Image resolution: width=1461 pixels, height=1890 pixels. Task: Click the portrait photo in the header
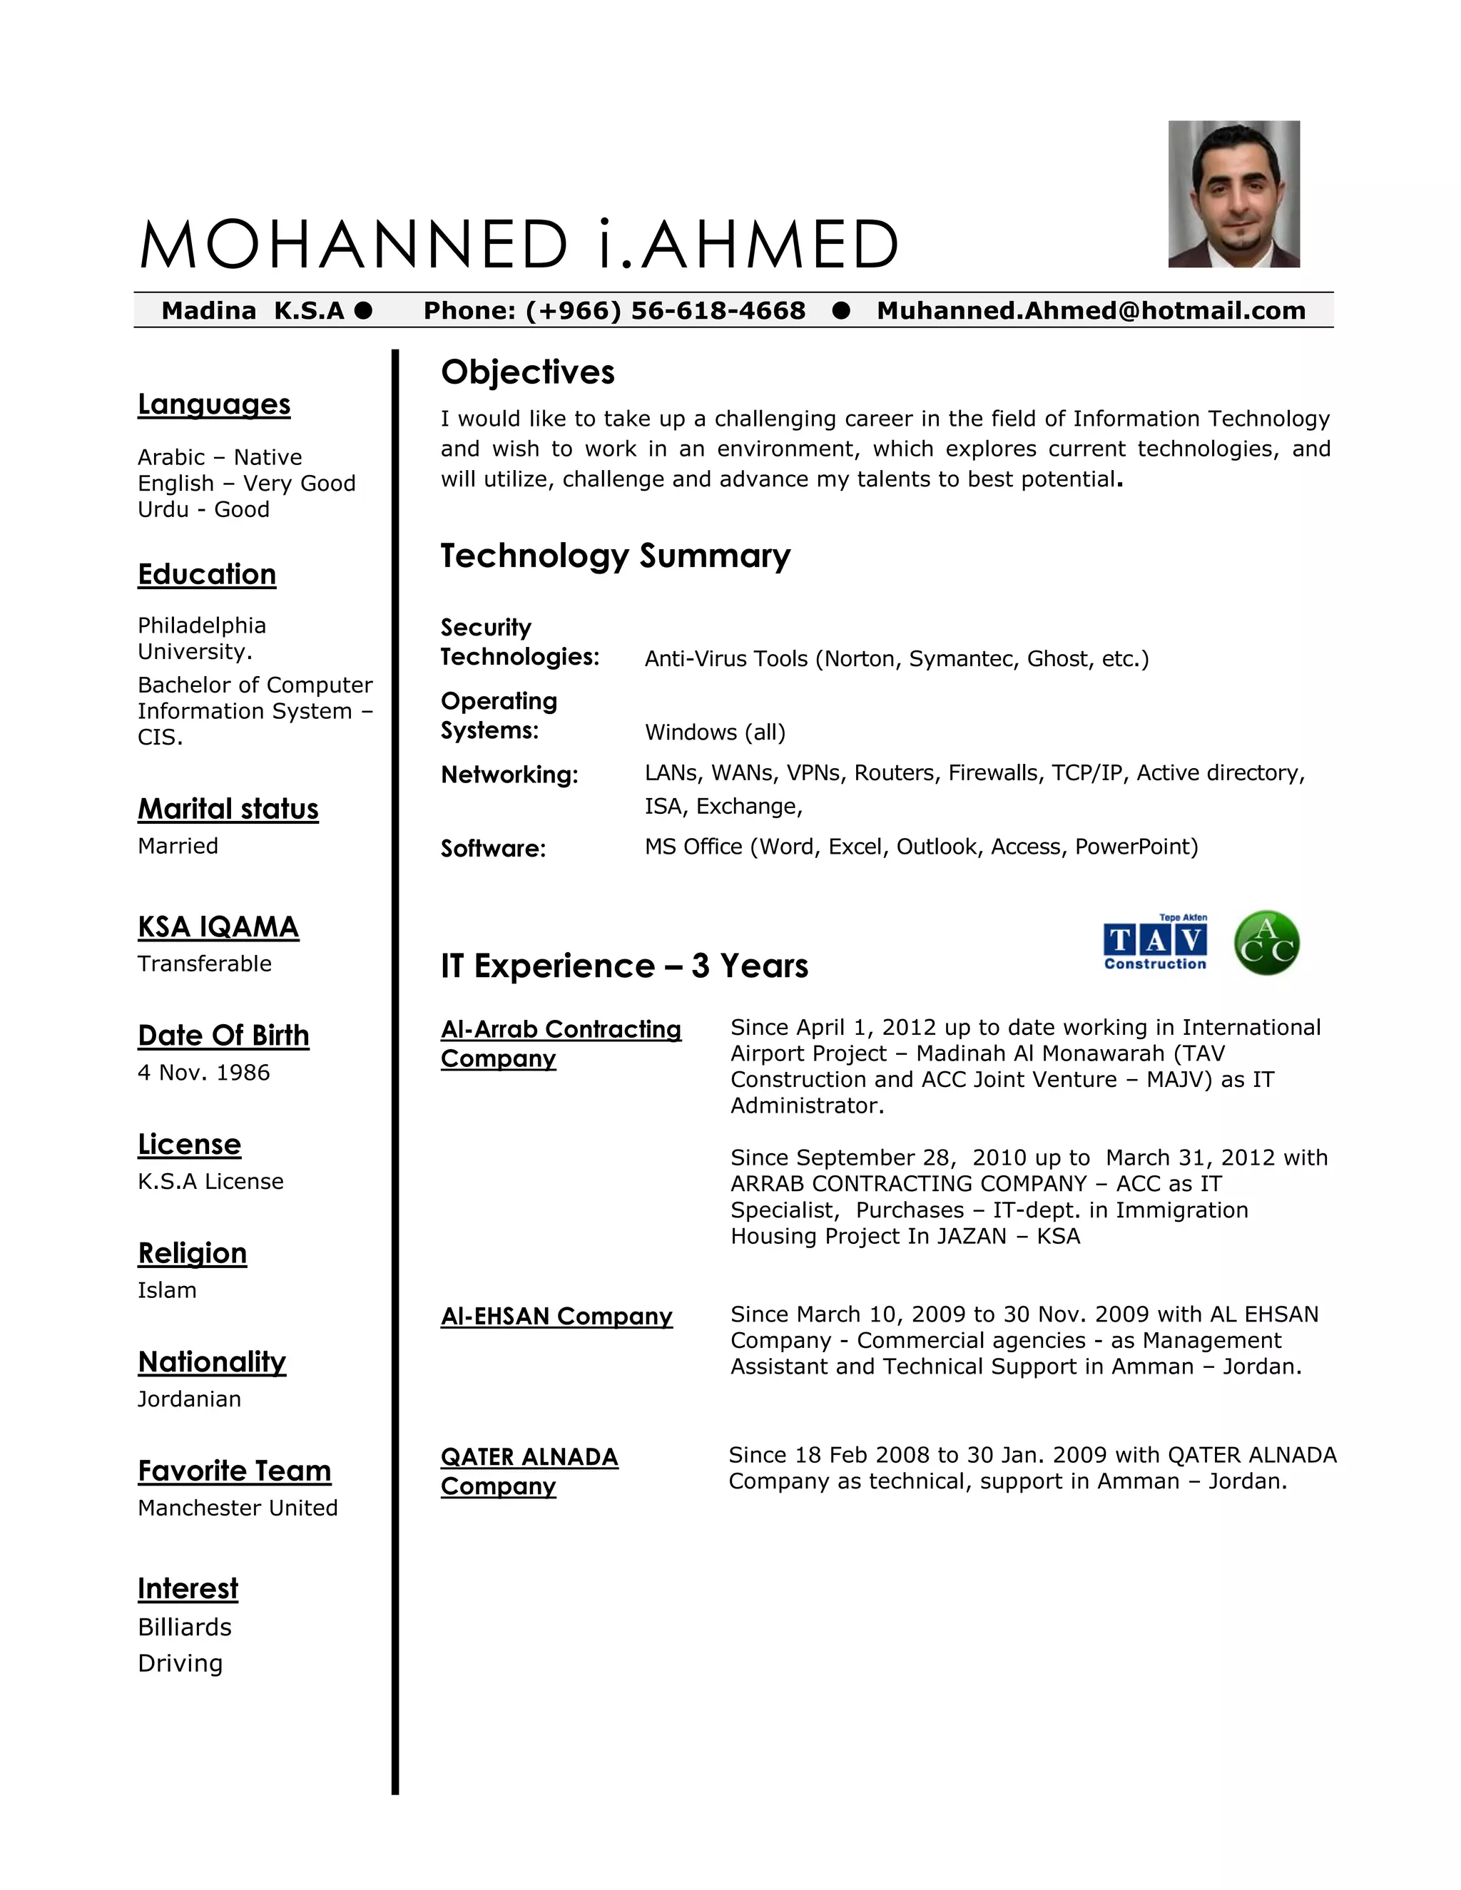[1233, 194]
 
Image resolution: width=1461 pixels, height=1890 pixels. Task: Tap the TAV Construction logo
[1155, 942]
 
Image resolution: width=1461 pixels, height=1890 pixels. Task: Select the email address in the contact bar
[1091, 311]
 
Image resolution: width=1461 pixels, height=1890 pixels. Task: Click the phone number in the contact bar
[614, 311]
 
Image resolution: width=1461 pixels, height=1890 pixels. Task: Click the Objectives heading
[527, 372]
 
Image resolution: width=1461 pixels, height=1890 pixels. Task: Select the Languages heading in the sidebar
[214, 404]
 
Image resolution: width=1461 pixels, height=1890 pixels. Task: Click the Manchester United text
[237, 1508]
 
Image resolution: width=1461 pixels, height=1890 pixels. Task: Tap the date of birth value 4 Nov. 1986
[203, 1072]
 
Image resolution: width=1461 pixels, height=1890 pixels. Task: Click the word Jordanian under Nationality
[188, 1399]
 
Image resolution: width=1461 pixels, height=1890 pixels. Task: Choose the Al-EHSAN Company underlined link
[556, 1317]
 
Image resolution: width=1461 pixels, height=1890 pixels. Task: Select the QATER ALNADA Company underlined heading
[529, 1471]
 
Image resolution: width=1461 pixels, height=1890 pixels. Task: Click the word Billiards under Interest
[184, 1627]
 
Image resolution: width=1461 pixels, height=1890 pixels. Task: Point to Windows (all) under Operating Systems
[715, 732]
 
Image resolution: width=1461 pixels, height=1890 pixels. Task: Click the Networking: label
[509, 775]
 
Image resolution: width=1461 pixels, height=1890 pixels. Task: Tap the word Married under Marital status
[178, 845]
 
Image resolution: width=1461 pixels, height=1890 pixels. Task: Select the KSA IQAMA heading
[218, 927]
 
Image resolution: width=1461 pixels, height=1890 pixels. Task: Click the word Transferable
[204, 963]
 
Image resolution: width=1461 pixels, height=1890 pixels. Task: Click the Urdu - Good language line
[203, 509]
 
